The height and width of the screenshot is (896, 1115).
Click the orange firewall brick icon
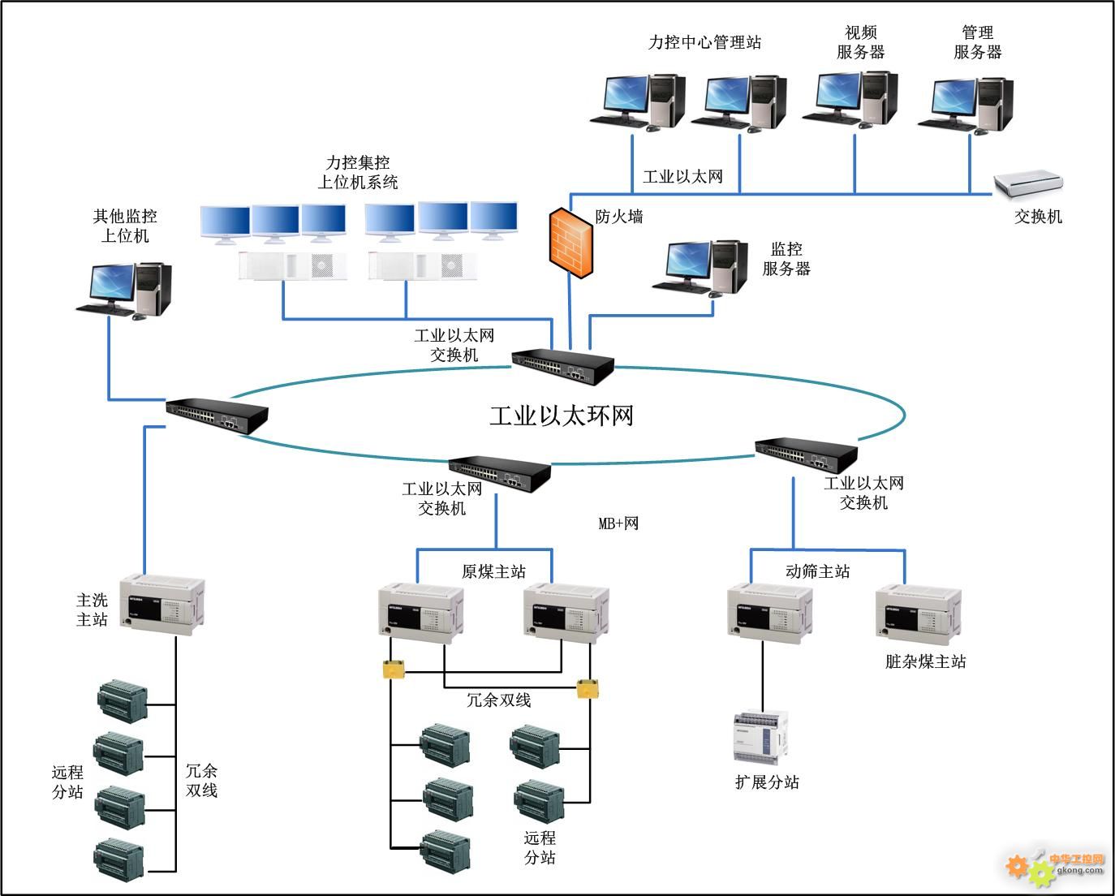coord(570,243)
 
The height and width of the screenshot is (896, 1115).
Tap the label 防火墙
coord(619,217)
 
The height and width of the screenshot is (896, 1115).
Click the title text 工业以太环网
coord(561,416)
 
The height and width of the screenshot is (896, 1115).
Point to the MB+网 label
coord(618,523)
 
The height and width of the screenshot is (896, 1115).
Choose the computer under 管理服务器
coord(966,104)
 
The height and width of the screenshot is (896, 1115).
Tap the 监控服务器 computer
coord(700,267)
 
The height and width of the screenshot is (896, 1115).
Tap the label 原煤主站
coord(493,572)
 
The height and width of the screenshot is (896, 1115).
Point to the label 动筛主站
coord(817,572)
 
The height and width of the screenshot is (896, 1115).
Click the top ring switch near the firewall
coord(562,368)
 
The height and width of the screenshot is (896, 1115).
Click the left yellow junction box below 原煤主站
coord(394,670)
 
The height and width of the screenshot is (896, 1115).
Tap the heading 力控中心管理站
coord(704,42)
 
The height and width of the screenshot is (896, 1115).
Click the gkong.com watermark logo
coord(1055,867)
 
